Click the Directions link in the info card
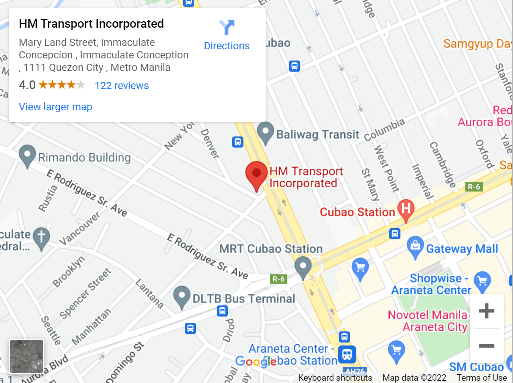pos(227,46)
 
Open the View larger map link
pos(55,107)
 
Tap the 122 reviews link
pos(121,86)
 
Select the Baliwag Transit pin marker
pos(265,132)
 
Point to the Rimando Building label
pos(84,157)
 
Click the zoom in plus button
pos(486,311)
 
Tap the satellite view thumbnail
pos(27,356)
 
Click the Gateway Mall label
pos(462,249)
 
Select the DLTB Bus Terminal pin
pos(182,296)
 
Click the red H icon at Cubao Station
pos(406,209)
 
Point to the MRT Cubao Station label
pos(271,249)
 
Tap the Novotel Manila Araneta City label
pos(428,321)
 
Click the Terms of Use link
pos(482,378)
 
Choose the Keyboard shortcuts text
pos(335,378)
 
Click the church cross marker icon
pos(41,237)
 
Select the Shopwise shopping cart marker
pos(482,281)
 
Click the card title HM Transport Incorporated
pos(91,24)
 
